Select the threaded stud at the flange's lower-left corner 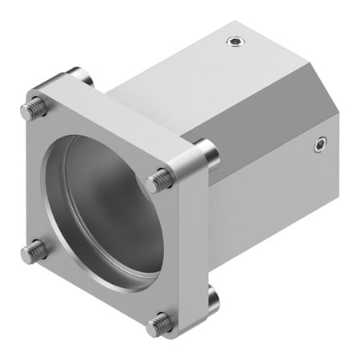31,253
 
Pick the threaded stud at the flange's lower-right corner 160,323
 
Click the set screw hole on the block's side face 320,145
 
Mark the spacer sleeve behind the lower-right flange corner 212,298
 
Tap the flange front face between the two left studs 36,180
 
